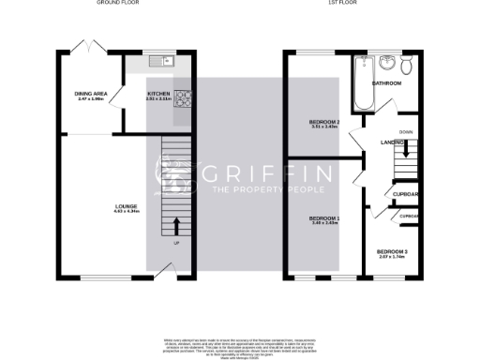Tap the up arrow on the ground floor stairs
[176, 226]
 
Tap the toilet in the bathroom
[405, 66]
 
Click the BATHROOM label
[386, 83]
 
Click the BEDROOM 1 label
[324, 219]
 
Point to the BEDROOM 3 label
[392, 252]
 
